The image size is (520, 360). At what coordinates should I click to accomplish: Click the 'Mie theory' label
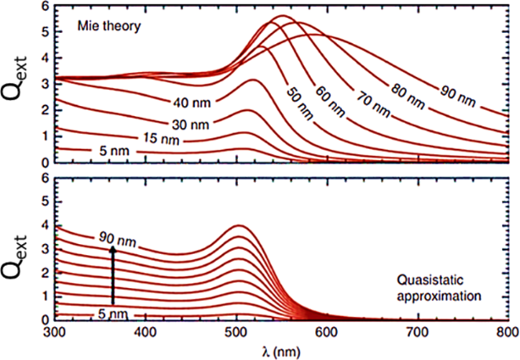tap(102, 25)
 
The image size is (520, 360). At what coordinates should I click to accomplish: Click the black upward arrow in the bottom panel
tap(112, 274)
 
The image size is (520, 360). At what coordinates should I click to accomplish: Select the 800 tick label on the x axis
tap(507, 332)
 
